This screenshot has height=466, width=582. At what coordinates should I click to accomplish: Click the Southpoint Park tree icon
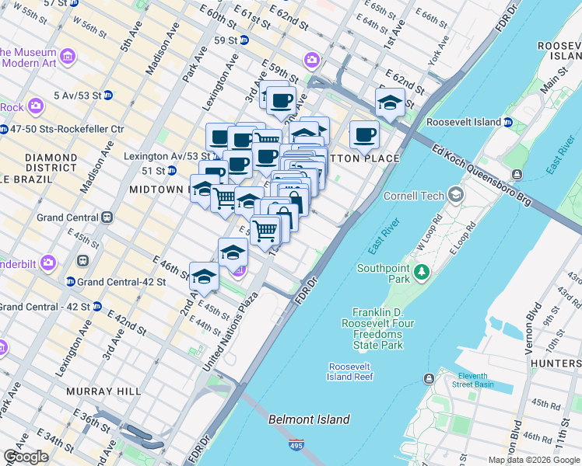422,271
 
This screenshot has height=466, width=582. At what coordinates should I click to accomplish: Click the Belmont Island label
309,419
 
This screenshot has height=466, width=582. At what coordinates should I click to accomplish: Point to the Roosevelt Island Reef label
350,371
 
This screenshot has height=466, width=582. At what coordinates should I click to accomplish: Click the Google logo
26,457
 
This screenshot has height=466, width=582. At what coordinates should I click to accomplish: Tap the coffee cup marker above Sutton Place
364,134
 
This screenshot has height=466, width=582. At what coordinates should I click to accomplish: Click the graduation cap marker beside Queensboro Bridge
390,102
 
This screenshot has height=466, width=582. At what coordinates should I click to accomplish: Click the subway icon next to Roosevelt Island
507,122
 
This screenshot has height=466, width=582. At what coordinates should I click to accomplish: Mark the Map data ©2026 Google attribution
534,460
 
